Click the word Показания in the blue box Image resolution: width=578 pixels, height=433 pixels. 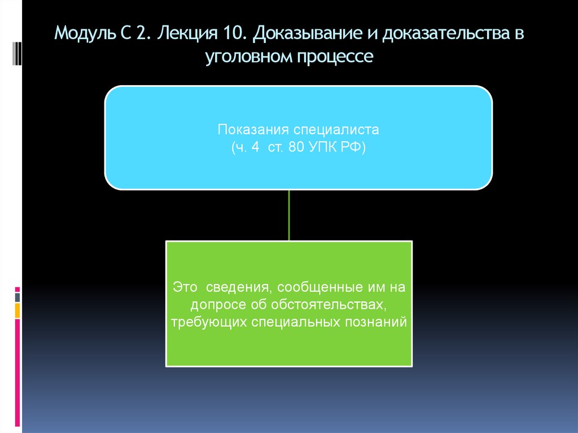pyautogui.click(x=249, y=129)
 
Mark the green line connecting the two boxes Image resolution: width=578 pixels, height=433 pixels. pyautogui.click(x=289, y=215)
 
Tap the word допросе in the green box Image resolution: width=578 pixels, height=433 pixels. pyautogui.click(x=218, y=305)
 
